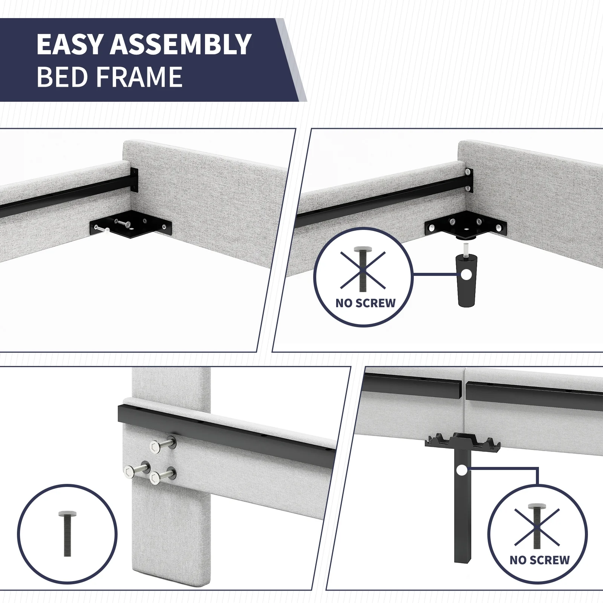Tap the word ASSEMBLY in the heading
point(181,44)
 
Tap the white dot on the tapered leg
point(466,275)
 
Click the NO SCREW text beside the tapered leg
point(365,303)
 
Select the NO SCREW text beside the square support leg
point(539,560)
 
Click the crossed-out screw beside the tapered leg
point(363,269)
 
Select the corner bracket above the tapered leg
point(466,227)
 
